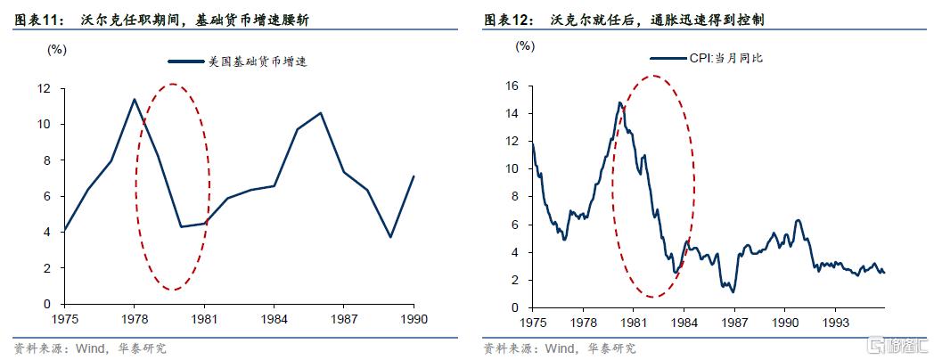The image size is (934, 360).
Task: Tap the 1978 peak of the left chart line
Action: click(134, 99)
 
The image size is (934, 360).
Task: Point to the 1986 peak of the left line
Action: click(321, 113)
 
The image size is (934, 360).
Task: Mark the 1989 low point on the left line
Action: click(390, 237)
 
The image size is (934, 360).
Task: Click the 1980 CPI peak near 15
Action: click(619, 102)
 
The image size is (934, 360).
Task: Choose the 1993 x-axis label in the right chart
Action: click(834, 322)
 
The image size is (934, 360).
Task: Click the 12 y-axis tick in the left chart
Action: click(43, 88)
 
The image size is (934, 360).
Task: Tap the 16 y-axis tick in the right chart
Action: click(512, 86)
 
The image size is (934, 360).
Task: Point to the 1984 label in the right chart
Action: click(684, 322)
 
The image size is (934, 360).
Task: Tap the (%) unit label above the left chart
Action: click(56, 49)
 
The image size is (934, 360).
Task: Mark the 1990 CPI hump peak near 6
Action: click(799, 220)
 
